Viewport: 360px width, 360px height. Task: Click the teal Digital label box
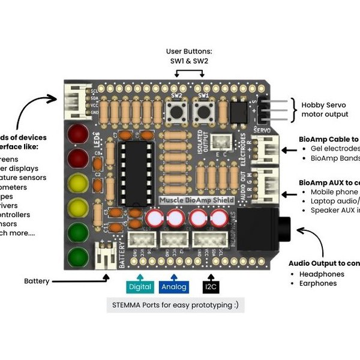tap(139, 287)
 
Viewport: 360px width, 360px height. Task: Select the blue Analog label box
tap(174, 287)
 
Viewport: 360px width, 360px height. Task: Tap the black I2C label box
tap(211, 287)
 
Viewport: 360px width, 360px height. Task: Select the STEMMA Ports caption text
tap(175, 305)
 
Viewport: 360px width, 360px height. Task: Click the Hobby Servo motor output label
tap(325, 109)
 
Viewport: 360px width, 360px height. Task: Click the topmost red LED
tap(77, 133)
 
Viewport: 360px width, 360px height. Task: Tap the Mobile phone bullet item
tap(333, 193)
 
